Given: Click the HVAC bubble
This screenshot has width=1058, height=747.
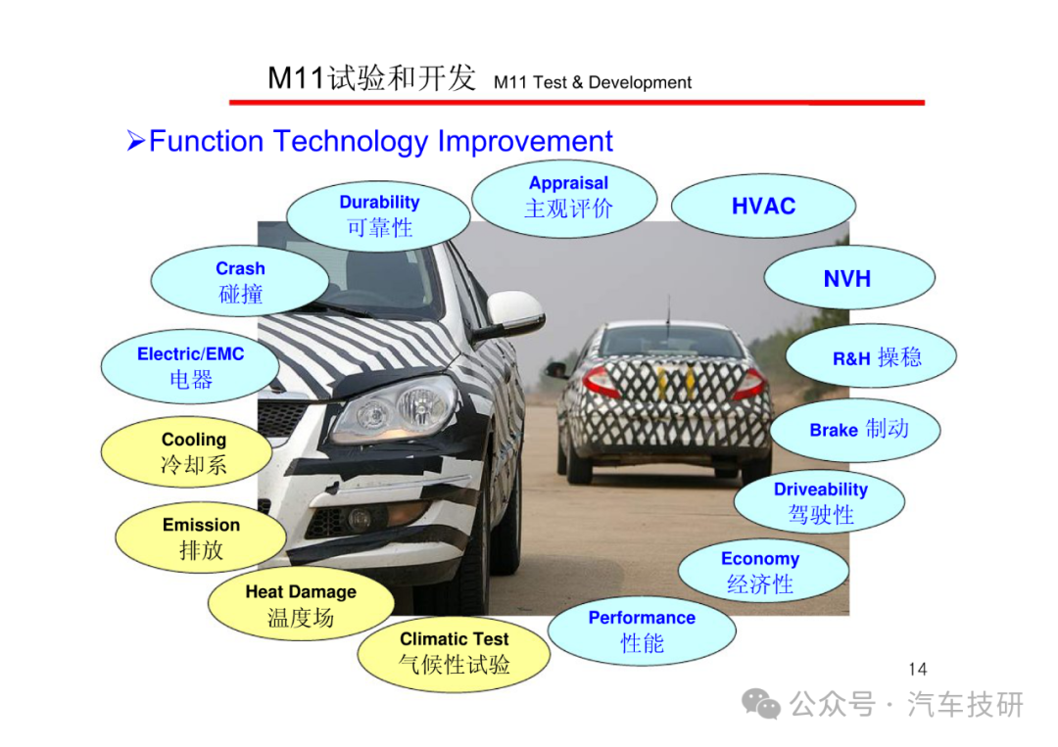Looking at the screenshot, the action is click(763, 206).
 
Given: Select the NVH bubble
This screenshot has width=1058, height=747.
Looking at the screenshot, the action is click(848, 278).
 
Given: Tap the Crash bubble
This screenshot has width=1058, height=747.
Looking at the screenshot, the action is click(240, 281).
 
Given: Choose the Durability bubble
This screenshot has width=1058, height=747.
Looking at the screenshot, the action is click(378, 215).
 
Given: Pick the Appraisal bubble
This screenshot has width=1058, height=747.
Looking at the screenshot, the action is click(565, 198).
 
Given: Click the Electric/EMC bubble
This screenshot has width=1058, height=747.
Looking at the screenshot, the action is click(190, 367).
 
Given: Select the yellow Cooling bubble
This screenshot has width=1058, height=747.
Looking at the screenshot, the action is click(187, 451).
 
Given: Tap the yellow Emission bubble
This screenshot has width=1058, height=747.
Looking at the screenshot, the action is click(201, 537).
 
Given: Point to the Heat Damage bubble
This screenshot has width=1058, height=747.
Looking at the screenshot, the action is click(301, 604).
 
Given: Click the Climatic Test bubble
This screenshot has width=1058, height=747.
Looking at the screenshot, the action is click(454, 652).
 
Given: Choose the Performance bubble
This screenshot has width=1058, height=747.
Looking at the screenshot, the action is click(642, 631).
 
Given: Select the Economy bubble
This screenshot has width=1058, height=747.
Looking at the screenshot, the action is click(763, 571).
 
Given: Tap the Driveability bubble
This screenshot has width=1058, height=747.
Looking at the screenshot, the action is click(819, 502).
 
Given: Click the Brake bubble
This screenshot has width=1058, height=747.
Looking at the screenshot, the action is click(855, 430).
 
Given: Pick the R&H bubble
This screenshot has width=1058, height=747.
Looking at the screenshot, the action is click(871, 356).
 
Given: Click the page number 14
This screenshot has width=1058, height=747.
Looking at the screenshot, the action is click(918, 669).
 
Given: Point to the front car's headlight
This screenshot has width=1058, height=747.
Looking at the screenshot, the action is click(397, 408).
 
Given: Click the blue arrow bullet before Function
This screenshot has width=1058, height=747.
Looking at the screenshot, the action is click(135, 141).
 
